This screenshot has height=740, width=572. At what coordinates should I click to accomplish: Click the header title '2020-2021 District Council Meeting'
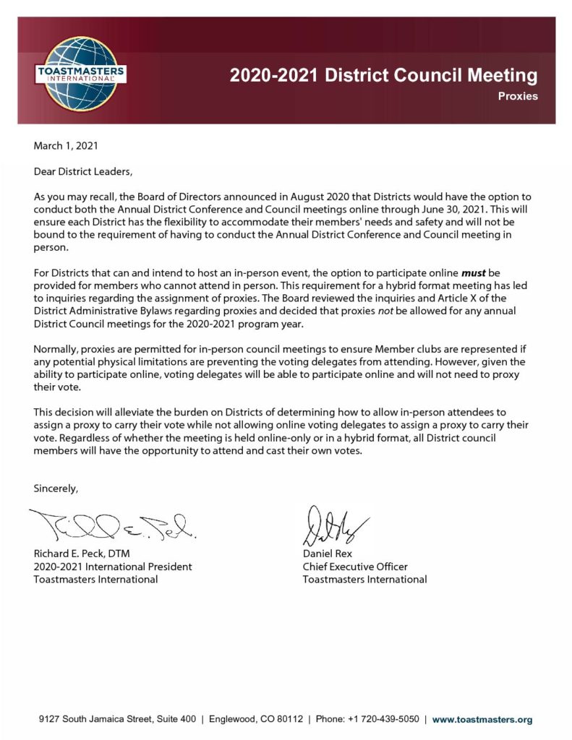[x=383, y=75]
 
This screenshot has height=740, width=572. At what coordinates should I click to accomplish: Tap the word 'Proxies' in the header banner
[x=518, y=96]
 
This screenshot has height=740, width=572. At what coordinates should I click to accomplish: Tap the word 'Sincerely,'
[x=56, y=489]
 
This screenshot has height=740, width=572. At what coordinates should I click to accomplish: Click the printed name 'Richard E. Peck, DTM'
[x=85, y=554]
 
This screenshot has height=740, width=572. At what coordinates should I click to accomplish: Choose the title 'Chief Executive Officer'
[x=355, y=567]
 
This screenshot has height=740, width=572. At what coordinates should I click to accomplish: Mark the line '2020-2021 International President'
[x=113, y=567]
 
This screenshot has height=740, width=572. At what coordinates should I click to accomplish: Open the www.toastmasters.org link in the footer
[x=482, y=719]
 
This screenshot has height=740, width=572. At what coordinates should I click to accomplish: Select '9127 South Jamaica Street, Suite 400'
[x=117, y=719]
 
